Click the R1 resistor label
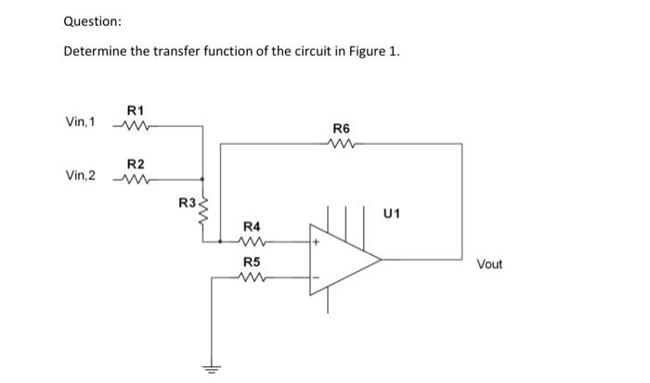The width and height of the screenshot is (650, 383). (135, 109)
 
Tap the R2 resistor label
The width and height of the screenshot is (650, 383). (135, 163)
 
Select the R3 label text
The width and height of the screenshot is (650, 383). (186, 201)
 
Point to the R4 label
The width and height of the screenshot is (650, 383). (252, 226)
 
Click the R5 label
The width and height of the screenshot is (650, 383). (252, 262)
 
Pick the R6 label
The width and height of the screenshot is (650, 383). (340, 129)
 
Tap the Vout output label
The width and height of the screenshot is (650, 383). (489, 264)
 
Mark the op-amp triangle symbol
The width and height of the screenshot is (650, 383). (344, 260)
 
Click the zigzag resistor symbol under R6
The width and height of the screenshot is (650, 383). (340, 144)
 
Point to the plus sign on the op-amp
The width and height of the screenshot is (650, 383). (316, 242)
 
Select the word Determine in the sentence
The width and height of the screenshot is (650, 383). (94, 51)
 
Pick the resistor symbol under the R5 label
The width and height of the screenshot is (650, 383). (252, 276)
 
